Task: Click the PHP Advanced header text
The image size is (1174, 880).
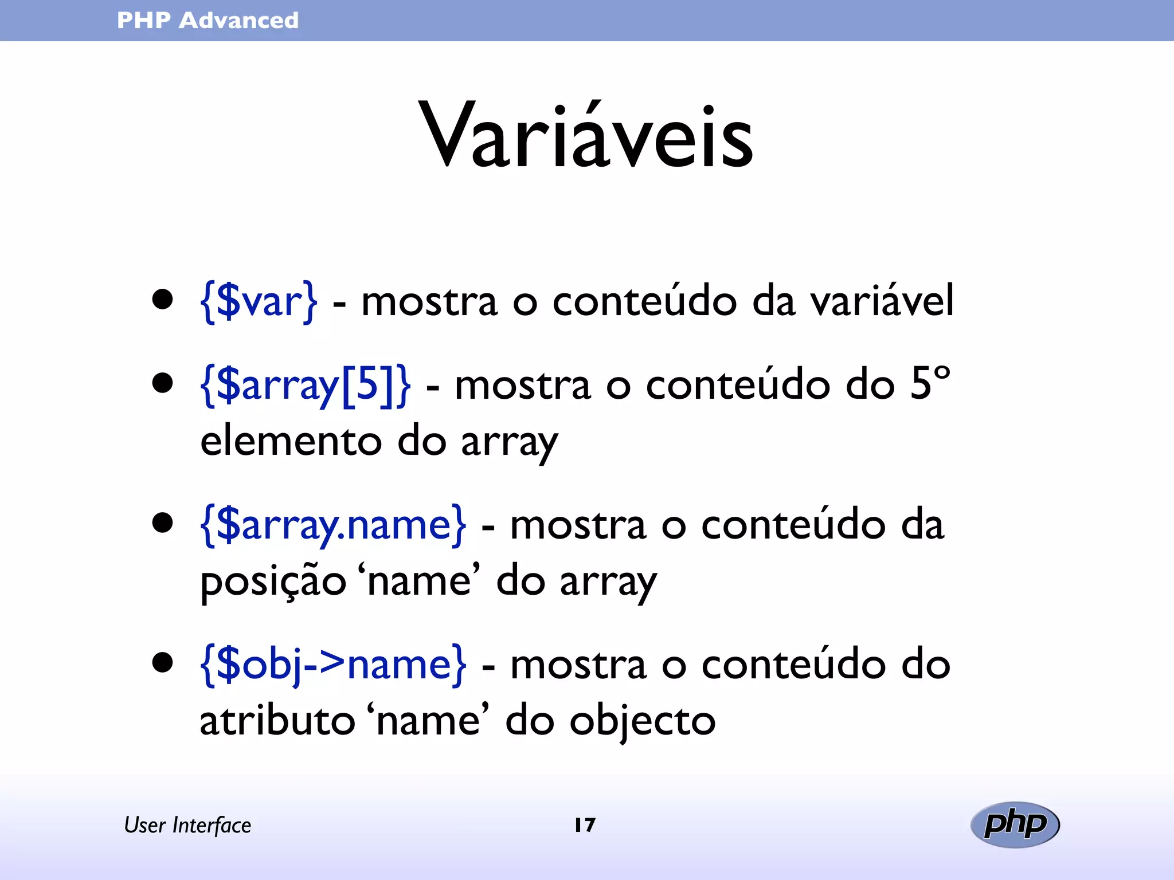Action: click(208, 21)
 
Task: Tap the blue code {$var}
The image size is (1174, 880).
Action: click(259, 301)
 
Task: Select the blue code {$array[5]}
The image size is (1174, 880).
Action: click(306, 384)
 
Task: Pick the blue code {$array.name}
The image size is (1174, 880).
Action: click(333, 524)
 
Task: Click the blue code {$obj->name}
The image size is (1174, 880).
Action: click(333, 665)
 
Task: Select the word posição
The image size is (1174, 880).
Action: click(273, 582)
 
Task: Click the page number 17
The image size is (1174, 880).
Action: click(585, 825)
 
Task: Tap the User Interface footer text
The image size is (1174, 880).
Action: click(187, 826)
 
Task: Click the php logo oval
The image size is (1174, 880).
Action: click(1015, 824)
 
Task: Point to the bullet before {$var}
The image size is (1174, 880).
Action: click(163, 299)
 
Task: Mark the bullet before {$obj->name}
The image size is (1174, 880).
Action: click(163, 662)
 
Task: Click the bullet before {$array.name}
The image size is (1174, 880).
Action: click(163, 522)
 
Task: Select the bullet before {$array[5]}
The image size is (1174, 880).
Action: click(163, 383)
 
